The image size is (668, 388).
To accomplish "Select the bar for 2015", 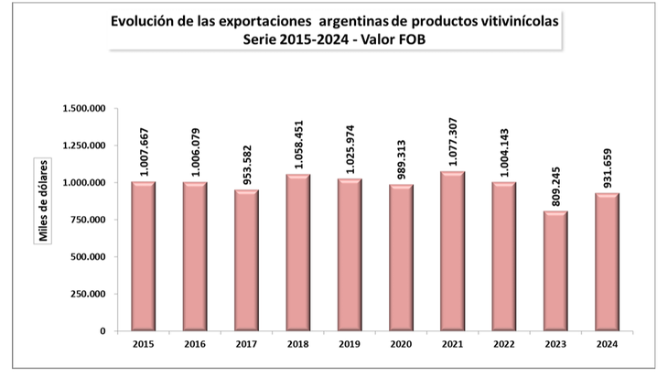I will pos(143,256).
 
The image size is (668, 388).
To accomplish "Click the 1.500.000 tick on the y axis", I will pos(84,109).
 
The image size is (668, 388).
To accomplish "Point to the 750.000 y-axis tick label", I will pos(90,220).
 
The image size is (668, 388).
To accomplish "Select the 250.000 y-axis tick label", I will pos(90,294).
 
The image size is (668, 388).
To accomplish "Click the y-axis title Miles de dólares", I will pos(43,199).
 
